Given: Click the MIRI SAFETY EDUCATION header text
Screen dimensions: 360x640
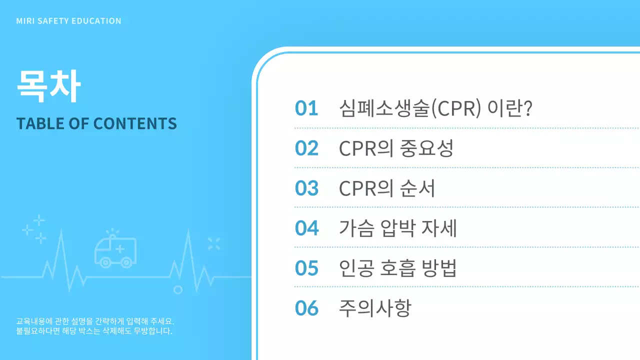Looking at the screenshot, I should click(68, 21).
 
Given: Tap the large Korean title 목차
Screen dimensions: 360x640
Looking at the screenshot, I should click(48, 86).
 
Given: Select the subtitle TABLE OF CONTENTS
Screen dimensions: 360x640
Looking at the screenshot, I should click(96, 123).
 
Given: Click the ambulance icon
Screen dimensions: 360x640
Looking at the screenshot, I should click(115, 249).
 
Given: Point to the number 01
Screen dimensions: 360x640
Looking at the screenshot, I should click(306, 108).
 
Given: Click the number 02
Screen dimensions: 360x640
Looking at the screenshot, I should click(306, 148).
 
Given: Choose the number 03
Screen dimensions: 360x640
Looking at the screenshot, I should click(306, 188).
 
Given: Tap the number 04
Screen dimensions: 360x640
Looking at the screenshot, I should click(306, 228).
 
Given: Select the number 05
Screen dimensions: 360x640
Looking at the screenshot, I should click(306, 268).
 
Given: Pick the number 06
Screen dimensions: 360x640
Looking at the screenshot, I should click(306, 308).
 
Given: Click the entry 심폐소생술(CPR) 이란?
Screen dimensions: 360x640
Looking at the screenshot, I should click(435, 108).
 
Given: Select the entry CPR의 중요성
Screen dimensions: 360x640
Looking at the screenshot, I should click(396, 148).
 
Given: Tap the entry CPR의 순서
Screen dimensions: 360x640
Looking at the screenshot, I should click(387, 188).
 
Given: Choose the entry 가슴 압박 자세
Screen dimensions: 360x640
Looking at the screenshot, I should click(398, 228).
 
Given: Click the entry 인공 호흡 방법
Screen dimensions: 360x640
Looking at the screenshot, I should click(398, 268).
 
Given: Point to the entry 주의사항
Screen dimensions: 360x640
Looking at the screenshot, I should click(375, 308).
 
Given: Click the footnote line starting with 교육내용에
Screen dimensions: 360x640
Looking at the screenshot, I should click(95, 321).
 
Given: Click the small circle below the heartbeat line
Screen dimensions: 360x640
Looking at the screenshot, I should click(177, 289).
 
